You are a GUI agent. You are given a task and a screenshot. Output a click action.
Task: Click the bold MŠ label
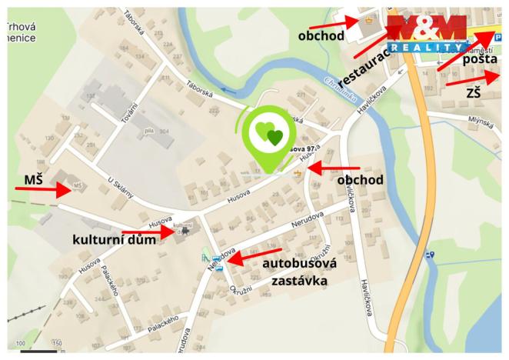[33, 180]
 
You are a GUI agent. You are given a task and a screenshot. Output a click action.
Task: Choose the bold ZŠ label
[474, 93]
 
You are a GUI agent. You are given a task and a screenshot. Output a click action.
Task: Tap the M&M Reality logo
[426, 33]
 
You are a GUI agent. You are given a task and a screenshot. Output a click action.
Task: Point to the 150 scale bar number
[56, 342]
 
